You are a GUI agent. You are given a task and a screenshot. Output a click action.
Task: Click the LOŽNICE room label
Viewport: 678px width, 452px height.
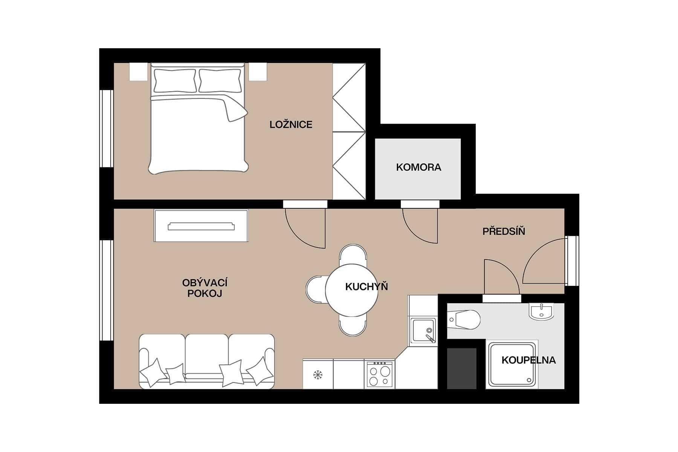pos(291,125)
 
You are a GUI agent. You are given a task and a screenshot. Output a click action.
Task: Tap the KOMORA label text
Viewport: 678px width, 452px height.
pos(418,167)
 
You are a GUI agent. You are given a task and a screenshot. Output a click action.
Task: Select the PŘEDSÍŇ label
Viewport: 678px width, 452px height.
pos(504,231)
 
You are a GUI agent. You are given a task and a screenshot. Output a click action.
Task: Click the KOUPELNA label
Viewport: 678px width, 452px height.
pos(528,360)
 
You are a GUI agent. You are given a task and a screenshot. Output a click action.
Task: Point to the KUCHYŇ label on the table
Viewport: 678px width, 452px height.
pos(366,287)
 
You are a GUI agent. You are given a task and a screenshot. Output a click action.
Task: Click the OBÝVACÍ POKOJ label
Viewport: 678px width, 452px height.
pos(205,288)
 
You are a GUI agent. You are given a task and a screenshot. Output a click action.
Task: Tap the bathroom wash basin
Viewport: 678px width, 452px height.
pos(542,312)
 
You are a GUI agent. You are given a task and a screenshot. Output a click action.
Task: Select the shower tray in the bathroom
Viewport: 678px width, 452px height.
pos(512,365)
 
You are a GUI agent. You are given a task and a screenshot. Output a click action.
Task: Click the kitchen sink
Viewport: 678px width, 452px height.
pos(422,330)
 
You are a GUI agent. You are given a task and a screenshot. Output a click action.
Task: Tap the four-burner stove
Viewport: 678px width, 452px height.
pos(379,375)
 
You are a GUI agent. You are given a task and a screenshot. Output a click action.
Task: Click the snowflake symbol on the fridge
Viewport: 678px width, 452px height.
pos(318,375)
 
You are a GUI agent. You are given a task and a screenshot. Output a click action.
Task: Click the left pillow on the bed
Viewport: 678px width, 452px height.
pos(174,81)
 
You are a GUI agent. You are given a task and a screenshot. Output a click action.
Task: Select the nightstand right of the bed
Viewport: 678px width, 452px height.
pos(258,72)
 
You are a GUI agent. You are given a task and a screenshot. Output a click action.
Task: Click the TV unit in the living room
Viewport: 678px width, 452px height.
pos(201,226)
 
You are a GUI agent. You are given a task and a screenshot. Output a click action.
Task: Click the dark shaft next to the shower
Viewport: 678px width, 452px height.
pos(461,368)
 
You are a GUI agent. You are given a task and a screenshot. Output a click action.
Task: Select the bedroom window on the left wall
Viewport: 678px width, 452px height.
pos(107,128)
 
